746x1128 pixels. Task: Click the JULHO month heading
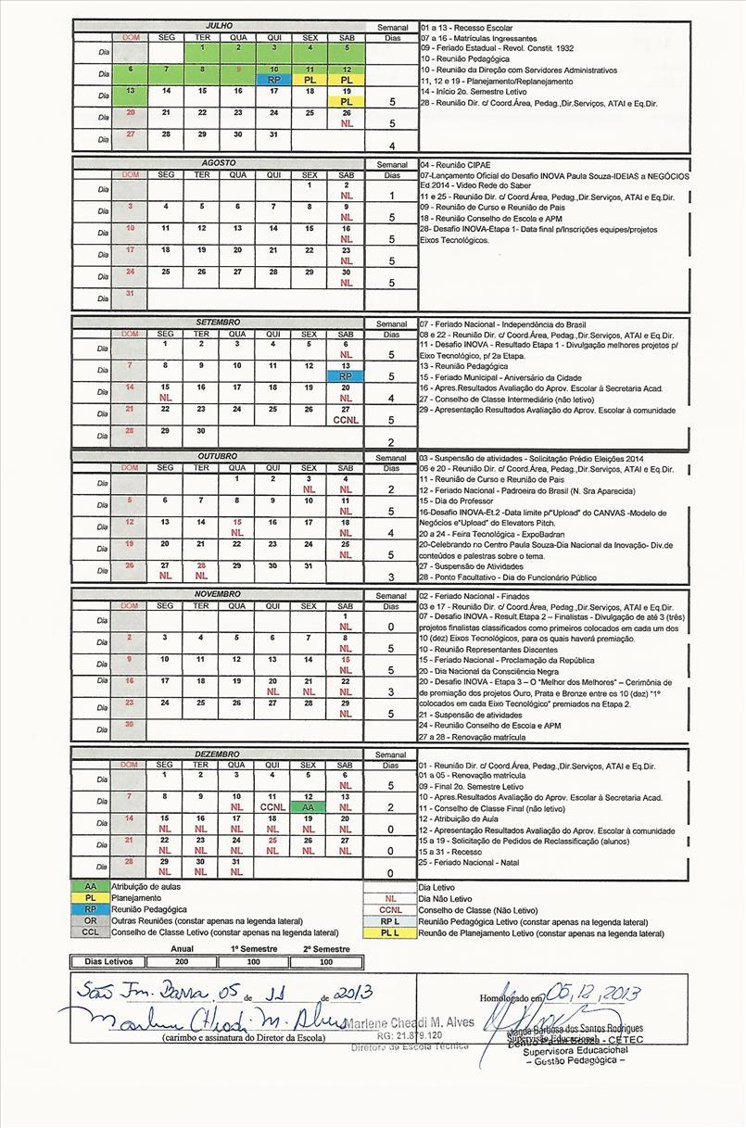pyautogui.click(x=219, y=27)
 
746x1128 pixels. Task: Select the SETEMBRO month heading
pyautogui.click(x=219, y=323)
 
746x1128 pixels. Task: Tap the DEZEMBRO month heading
pyautogui.click(x=219, y=754)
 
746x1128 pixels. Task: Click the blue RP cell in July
pyautogui.click(x=273, y=81)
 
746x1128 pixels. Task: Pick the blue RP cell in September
pyautogui.click(x=345, y=376)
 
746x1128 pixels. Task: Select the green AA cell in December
pyautogui.click(x=310, y=807)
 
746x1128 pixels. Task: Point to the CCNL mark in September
pyautogui.click(x=345, y=420)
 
